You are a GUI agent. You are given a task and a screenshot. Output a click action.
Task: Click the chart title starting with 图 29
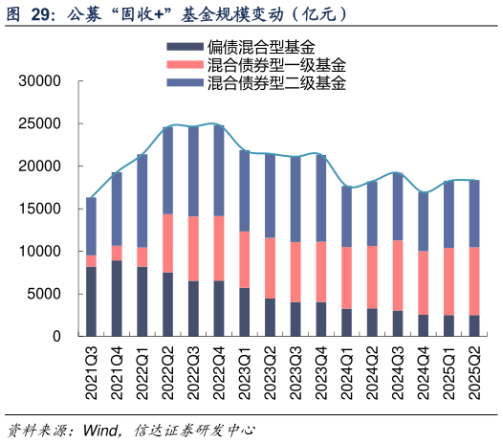click(x=178, y=14)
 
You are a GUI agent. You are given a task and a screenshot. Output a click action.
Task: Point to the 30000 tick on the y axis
click(x=42, y=81)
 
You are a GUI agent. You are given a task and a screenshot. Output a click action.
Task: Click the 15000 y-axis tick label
click(x=42, y=209)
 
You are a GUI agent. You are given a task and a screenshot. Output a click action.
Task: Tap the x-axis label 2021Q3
click(x=92, y=369)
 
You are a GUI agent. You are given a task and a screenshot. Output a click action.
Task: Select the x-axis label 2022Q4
click(x=218, y=369)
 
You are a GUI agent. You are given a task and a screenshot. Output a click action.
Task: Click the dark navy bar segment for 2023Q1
click(x=244, y=312)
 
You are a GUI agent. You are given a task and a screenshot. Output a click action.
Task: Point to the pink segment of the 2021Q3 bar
click(x=92, y=261)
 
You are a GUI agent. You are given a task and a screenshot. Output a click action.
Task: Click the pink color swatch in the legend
click(x=183, y=65)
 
